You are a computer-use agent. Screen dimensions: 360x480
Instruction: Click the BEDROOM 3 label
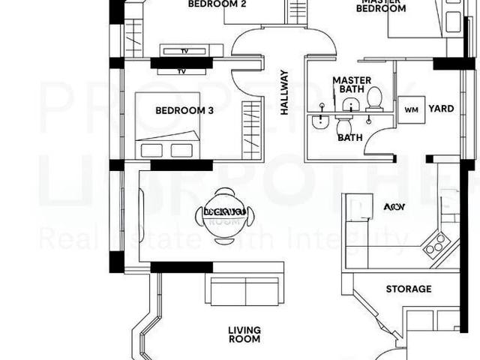[x=184, y=110]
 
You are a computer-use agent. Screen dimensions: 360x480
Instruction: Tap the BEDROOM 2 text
[x=206, y=4]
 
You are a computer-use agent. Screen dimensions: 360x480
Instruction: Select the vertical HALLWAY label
[x=284, y=91]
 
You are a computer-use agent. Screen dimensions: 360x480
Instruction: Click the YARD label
[x=441, y=109]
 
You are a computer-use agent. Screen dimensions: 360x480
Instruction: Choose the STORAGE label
[x=408, y=289]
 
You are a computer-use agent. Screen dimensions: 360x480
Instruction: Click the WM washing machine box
[x=411, y=109]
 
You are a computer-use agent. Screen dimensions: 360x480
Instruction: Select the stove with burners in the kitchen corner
[x=436, y=243]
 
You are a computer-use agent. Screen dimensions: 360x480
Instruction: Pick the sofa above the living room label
[x=244, y=290]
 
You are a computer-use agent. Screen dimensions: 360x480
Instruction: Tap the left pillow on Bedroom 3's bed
[x=152, y=150]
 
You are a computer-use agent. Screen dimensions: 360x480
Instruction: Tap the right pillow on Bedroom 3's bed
[x=182, y=150]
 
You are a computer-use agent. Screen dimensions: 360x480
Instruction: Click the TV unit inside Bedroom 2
[x=190, y=51]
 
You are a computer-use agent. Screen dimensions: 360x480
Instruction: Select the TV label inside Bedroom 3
[x=181, y=72]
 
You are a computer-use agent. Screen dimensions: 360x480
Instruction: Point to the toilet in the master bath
[x=373, y=97]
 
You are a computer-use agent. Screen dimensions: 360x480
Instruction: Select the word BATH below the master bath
[x=349, y=137]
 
